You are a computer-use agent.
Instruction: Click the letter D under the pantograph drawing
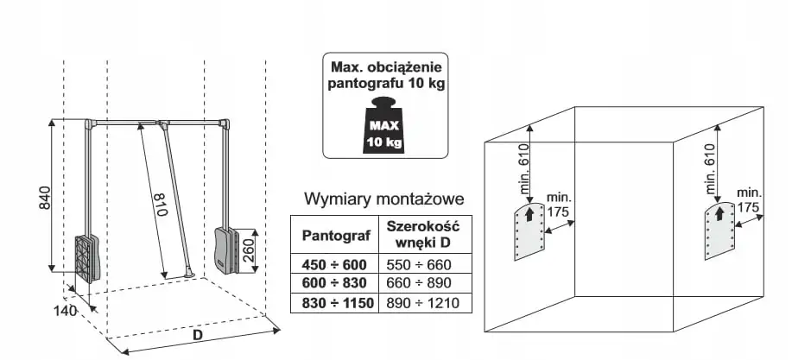click(x=197, y=332)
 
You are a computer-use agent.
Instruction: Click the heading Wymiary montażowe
click(x=384, y=199)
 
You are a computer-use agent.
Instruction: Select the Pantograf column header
click(x=334, y=234)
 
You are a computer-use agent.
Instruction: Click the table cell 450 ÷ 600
click(x=334, y=265)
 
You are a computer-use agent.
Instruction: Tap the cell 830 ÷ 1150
click(x=334, y=303)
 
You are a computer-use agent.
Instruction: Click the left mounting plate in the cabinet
click(x=528, y=231)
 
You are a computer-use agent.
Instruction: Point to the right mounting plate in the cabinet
click(x=719, y=231)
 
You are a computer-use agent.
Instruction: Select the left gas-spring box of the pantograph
click(x=88, y=257)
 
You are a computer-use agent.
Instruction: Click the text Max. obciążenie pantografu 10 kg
click(x=386, y=74)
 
